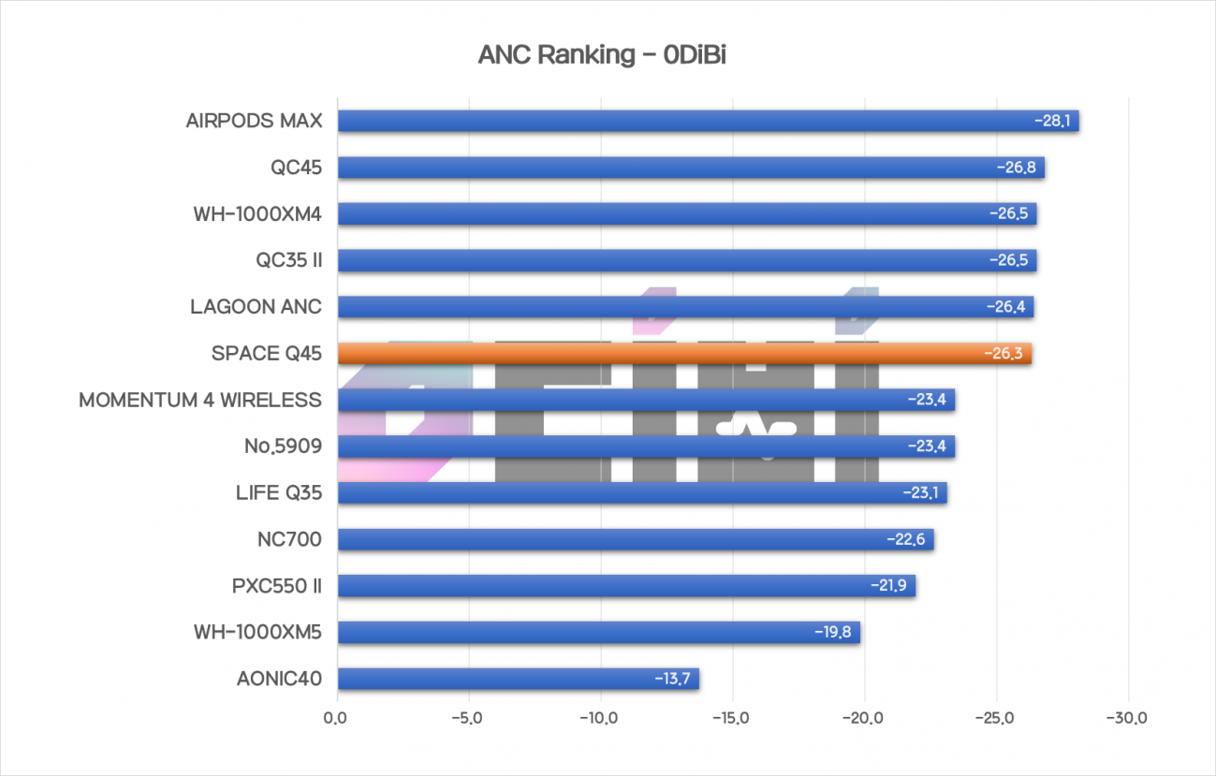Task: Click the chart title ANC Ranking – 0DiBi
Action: pos(602,55)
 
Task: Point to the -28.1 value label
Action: pos(1052,122)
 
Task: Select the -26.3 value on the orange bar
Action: pos(1004,354)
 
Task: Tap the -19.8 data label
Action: pos(832,633)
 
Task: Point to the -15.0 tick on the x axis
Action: pos(730,719)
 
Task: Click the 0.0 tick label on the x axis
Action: pos(335,719)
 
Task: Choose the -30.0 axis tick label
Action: pos(1127,719)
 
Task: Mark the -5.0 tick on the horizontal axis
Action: pos(466,719)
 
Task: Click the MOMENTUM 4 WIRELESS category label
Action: pos(200,401)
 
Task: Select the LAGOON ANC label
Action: pos(256,307)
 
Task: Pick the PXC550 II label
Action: pos(277,586)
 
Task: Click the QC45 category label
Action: pos(296,168)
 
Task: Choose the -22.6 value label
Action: pos(905,540)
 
